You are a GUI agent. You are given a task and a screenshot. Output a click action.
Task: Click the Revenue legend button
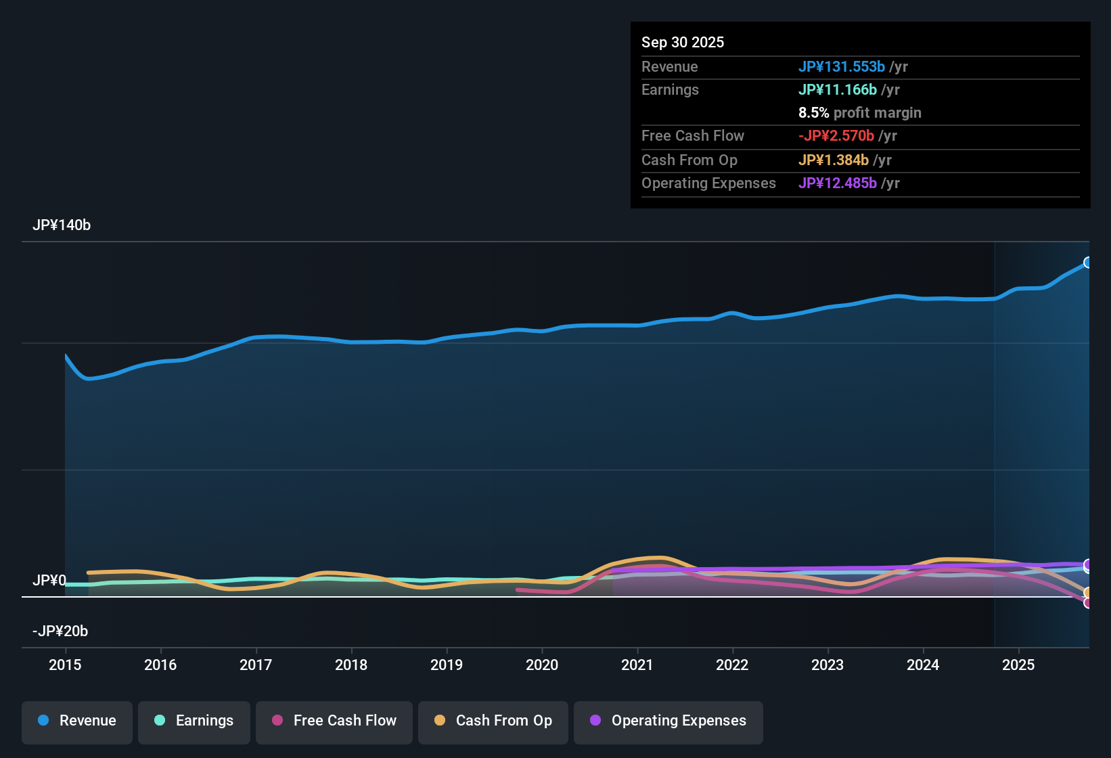tap(77, 721)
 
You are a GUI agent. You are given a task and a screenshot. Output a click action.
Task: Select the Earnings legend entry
tap(194, 721)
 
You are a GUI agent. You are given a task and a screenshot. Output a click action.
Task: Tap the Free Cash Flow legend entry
tap(334, 721)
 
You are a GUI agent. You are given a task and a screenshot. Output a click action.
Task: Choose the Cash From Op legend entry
tap(493, 721)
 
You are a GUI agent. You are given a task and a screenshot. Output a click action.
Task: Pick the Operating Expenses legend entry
tap(668, 721)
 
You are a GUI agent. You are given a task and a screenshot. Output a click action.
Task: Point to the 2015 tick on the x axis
tap(65, 665)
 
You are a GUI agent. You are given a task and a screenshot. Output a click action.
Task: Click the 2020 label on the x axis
tap(542, 665)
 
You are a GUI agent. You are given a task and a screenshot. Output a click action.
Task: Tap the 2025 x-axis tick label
tap(1018, 665)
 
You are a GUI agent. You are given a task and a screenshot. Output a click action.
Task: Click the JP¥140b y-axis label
tap(62, 225)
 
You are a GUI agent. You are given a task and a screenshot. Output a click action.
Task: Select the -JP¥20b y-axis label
tap(60, 631)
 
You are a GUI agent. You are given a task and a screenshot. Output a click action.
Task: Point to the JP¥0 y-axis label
tap(49, 581)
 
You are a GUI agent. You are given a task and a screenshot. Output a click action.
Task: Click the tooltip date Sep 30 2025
tap(683, 43)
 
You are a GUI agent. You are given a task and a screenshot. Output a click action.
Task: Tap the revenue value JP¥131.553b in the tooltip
tap(841, 67)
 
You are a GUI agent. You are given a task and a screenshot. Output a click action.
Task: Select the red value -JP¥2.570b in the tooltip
tap(836, 136)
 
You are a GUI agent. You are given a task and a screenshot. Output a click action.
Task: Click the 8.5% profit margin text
tap(859, 113)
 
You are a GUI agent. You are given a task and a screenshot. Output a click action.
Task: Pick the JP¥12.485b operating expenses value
tap(837, 183)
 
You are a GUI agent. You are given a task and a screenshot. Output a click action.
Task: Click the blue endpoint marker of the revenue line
tap(1087, 263)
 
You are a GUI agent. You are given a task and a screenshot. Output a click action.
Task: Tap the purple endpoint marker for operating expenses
tap(1087, 564)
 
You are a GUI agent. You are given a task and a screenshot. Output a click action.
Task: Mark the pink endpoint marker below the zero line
tap(1087, 603)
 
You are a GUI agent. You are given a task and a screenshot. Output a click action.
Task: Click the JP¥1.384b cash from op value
tap(833, 160)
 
